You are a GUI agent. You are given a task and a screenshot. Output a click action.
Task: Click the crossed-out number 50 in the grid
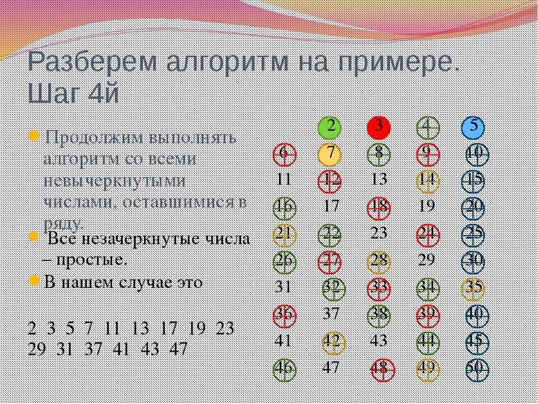coord(476,369)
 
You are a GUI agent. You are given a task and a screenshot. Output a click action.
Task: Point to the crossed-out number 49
coord(428,369)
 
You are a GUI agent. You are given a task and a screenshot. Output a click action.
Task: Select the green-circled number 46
coord(284,369)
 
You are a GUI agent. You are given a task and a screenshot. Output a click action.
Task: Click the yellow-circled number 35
coord(474,288)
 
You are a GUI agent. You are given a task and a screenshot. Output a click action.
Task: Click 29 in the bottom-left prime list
coord(37,348)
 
